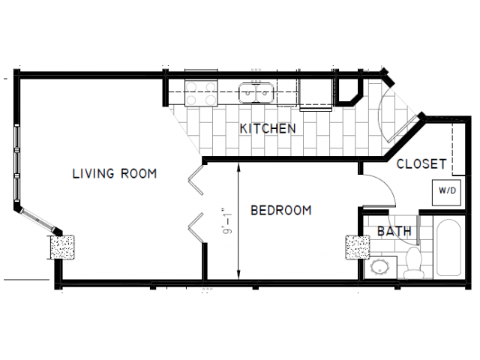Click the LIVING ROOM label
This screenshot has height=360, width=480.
pyautogui.click(x=114, y=174)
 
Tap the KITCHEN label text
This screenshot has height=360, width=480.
pyautogui.click(x=268, y=129)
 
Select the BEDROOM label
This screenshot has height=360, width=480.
pyautogui.click(x=280, y=211)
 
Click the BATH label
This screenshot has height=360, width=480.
pyautogui.click(x=394, y=232)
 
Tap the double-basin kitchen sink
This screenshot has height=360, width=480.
pyautogui.click(x=256, y=92)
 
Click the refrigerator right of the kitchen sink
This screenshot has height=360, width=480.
pyautogui.click(x=314, y=92)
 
